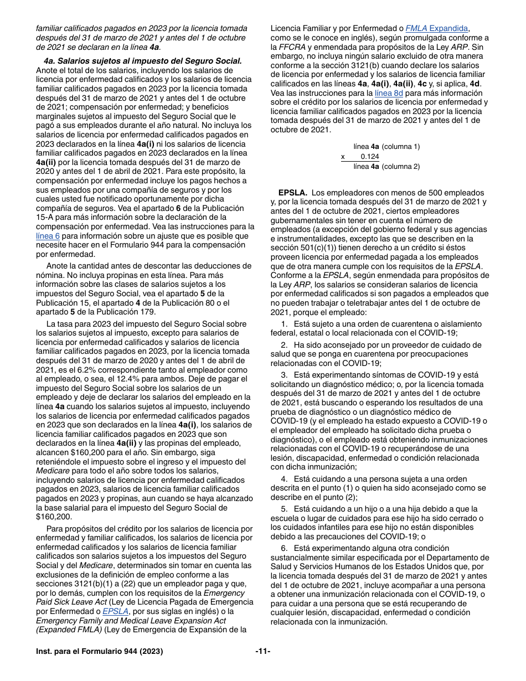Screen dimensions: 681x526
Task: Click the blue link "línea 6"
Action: [x=48, y=236]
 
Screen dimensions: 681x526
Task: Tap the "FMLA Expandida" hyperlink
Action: [x=437, y=28]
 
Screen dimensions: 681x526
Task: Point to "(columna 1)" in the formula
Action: [x=401, y=147]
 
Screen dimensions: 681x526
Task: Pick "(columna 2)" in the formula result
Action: [x=401, y=167]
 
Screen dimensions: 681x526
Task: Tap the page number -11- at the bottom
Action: [x=262, y=652]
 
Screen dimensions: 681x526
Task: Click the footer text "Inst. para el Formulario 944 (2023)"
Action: [x=100, y=652]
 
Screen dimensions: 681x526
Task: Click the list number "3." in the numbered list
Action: [x=284, y=375]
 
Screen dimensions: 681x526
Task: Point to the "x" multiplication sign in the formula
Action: [x=343, y=157]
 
